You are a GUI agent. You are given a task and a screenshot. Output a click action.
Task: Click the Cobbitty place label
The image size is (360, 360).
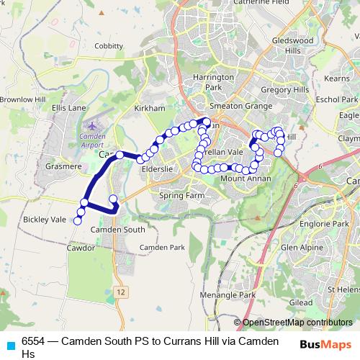point(108,46)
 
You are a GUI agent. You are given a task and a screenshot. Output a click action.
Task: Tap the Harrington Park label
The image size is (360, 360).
point(219,81)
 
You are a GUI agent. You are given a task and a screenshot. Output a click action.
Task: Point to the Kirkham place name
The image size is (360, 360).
point(150,107)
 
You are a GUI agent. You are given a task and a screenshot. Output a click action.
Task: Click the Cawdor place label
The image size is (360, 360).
point(80,247)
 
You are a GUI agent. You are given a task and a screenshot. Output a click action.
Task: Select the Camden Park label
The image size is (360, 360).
point(162,247)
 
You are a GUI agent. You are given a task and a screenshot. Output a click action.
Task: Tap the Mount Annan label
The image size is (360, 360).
point(244,179)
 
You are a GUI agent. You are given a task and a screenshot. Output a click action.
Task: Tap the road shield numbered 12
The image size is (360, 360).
point(123,292)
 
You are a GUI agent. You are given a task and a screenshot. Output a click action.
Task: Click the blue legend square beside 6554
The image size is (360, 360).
point(9,343)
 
